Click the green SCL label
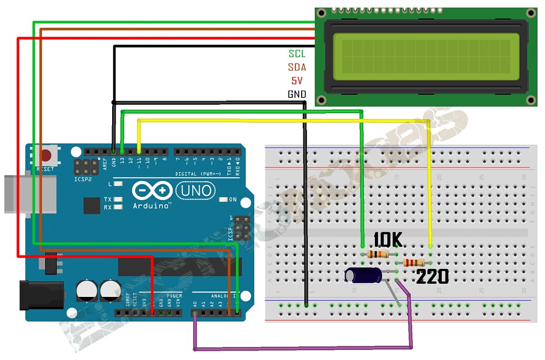click(x=297, y=54)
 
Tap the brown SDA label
click(x=297, y=67)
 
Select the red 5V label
click(x=297, y=81)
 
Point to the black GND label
click(x=297, y=95)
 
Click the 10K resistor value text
click(x=388, y=241)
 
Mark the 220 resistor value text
click(x=432, y=276)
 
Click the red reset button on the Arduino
click(x=46, y=156)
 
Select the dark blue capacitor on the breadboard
click(x=364, y=275)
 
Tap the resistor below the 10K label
click(x=378, y=255)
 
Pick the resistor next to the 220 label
click(x=413, y=263)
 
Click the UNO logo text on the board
click(x=195, y=191)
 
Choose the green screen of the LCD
click(x=426, y=54)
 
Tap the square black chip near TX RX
click(x=92, y=205)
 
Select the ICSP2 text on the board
click(x=83, y=179)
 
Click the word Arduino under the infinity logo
click(x=151, y=205)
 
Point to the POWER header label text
click(x=174, y=296)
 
